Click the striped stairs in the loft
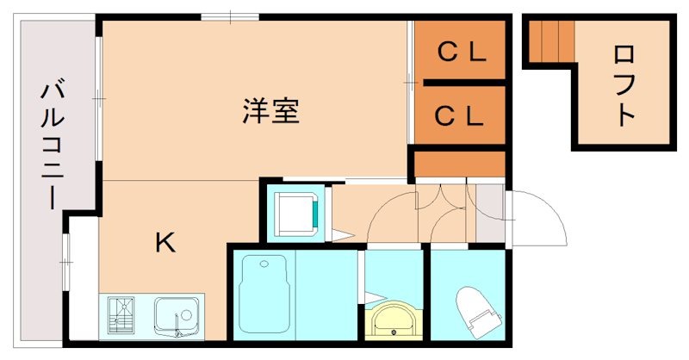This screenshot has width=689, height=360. point(551,40)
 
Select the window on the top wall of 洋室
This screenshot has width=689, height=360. point(230,16)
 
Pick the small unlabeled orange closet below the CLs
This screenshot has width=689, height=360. point(459,163)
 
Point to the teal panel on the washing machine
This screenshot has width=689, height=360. point(316,214)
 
